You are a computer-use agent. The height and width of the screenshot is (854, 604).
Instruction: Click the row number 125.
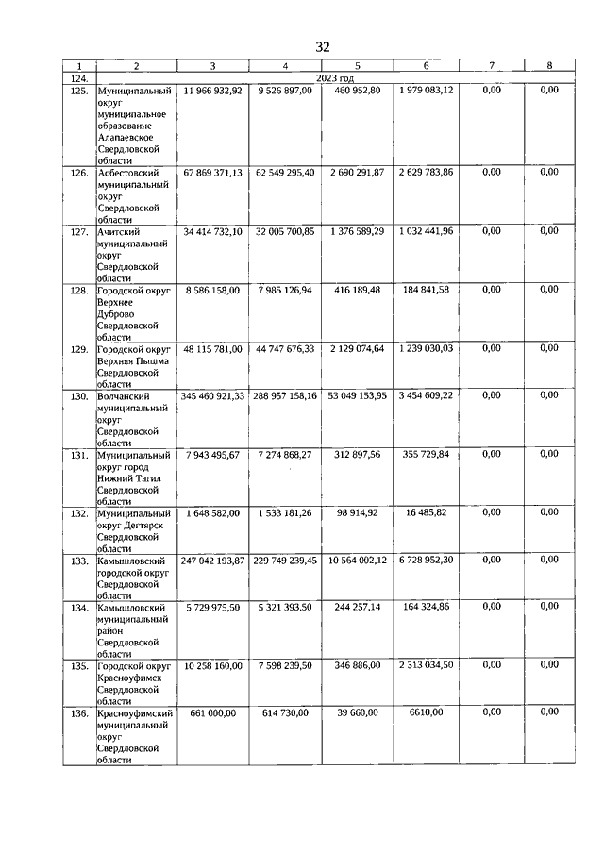point(79,91)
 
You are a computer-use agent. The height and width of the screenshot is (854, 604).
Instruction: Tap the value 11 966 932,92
point(213,91)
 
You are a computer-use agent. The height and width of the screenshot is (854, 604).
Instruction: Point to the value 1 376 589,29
point(358,231)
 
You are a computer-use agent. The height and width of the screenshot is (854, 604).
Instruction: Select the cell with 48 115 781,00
point(213,348)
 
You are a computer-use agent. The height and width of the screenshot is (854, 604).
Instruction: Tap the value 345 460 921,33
point(213,395)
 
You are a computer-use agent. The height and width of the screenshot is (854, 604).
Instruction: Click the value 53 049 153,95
point(358,395)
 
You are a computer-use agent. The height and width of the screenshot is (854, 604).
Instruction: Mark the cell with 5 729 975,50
point(213,607)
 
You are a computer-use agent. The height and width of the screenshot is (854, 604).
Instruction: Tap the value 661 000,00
point(213,712)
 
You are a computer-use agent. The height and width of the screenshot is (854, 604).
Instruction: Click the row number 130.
point(79,395)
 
